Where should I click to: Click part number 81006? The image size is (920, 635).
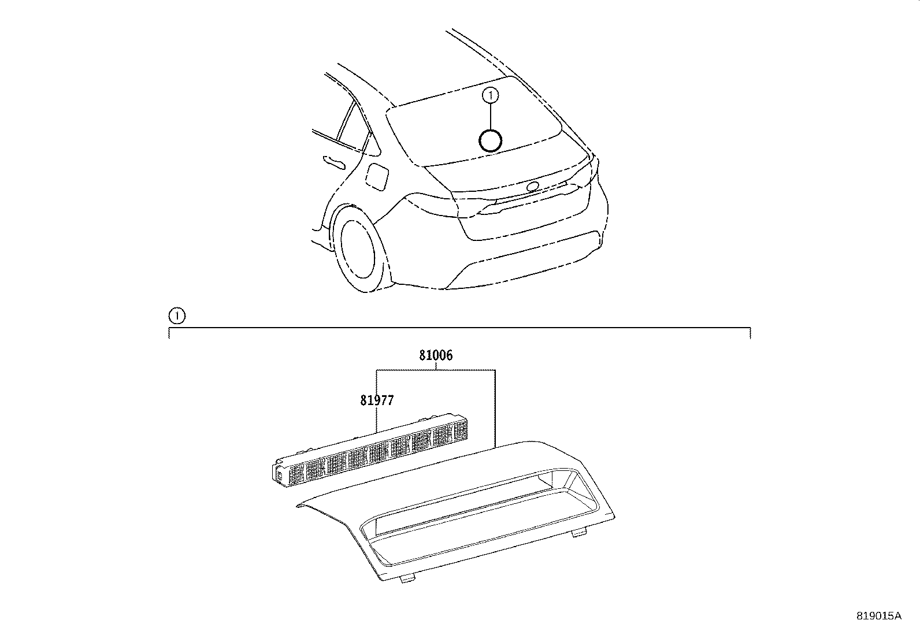pos(436,356)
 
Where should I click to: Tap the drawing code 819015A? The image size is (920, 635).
pos(878,616)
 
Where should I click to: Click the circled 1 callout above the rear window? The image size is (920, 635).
pos(490,95)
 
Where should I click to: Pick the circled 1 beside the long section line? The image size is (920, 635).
pos(176,316)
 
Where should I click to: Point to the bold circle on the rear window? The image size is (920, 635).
pos(491,140)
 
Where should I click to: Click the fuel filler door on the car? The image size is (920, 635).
pos(378,176)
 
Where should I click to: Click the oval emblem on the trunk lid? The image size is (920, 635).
pos(532,186)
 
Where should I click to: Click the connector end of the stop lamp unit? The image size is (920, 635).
pos(280,475)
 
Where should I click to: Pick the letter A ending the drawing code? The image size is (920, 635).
pos(897,616)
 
